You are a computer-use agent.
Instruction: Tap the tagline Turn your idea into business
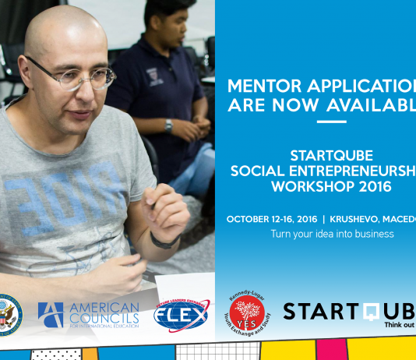(332, 234)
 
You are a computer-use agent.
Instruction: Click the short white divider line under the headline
(332, 122)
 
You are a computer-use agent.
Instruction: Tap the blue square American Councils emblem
(51, 314)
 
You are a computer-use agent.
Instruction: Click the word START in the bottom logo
(319, 312)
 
